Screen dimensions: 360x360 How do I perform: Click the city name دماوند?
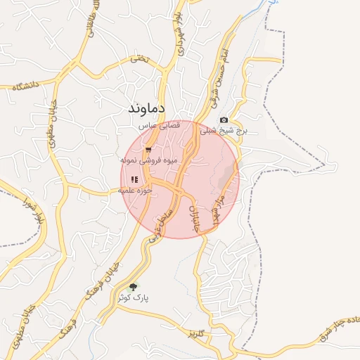[x=146, y=108]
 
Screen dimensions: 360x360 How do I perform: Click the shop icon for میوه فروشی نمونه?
[x=148, y=150]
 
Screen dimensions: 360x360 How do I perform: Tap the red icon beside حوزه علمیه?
[x=134, y=180]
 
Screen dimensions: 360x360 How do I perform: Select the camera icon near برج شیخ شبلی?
[x=224, y=120]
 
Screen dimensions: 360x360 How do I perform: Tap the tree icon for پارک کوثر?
[x=133, y=286]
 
